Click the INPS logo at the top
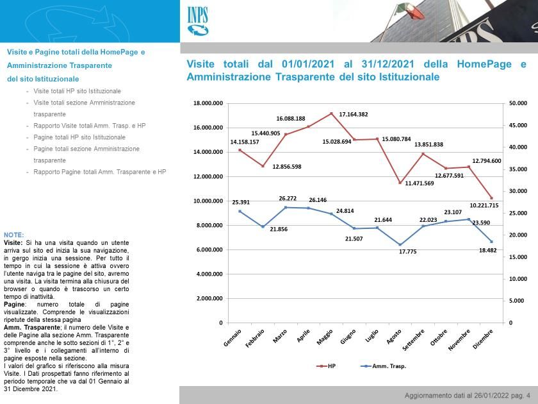click(199, 21)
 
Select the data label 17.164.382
click(354, 114)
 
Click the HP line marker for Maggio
click(331, 114)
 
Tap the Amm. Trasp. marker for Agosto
click(400, 244)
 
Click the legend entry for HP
click(326, 366)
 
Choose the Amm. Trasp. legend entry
click(384, 366)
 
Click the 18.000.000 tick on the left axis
click(208, 103)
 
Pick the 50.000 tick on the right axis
click(518, 103)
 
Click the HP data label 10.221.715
click(484, 205)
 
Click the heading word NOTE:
click(14, 235)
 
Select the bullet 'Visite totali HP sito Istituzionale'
click(77, 91)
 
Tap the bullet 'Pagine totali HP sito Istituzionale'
click(79, 137)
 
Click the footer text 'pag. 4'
click(516, 396)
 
